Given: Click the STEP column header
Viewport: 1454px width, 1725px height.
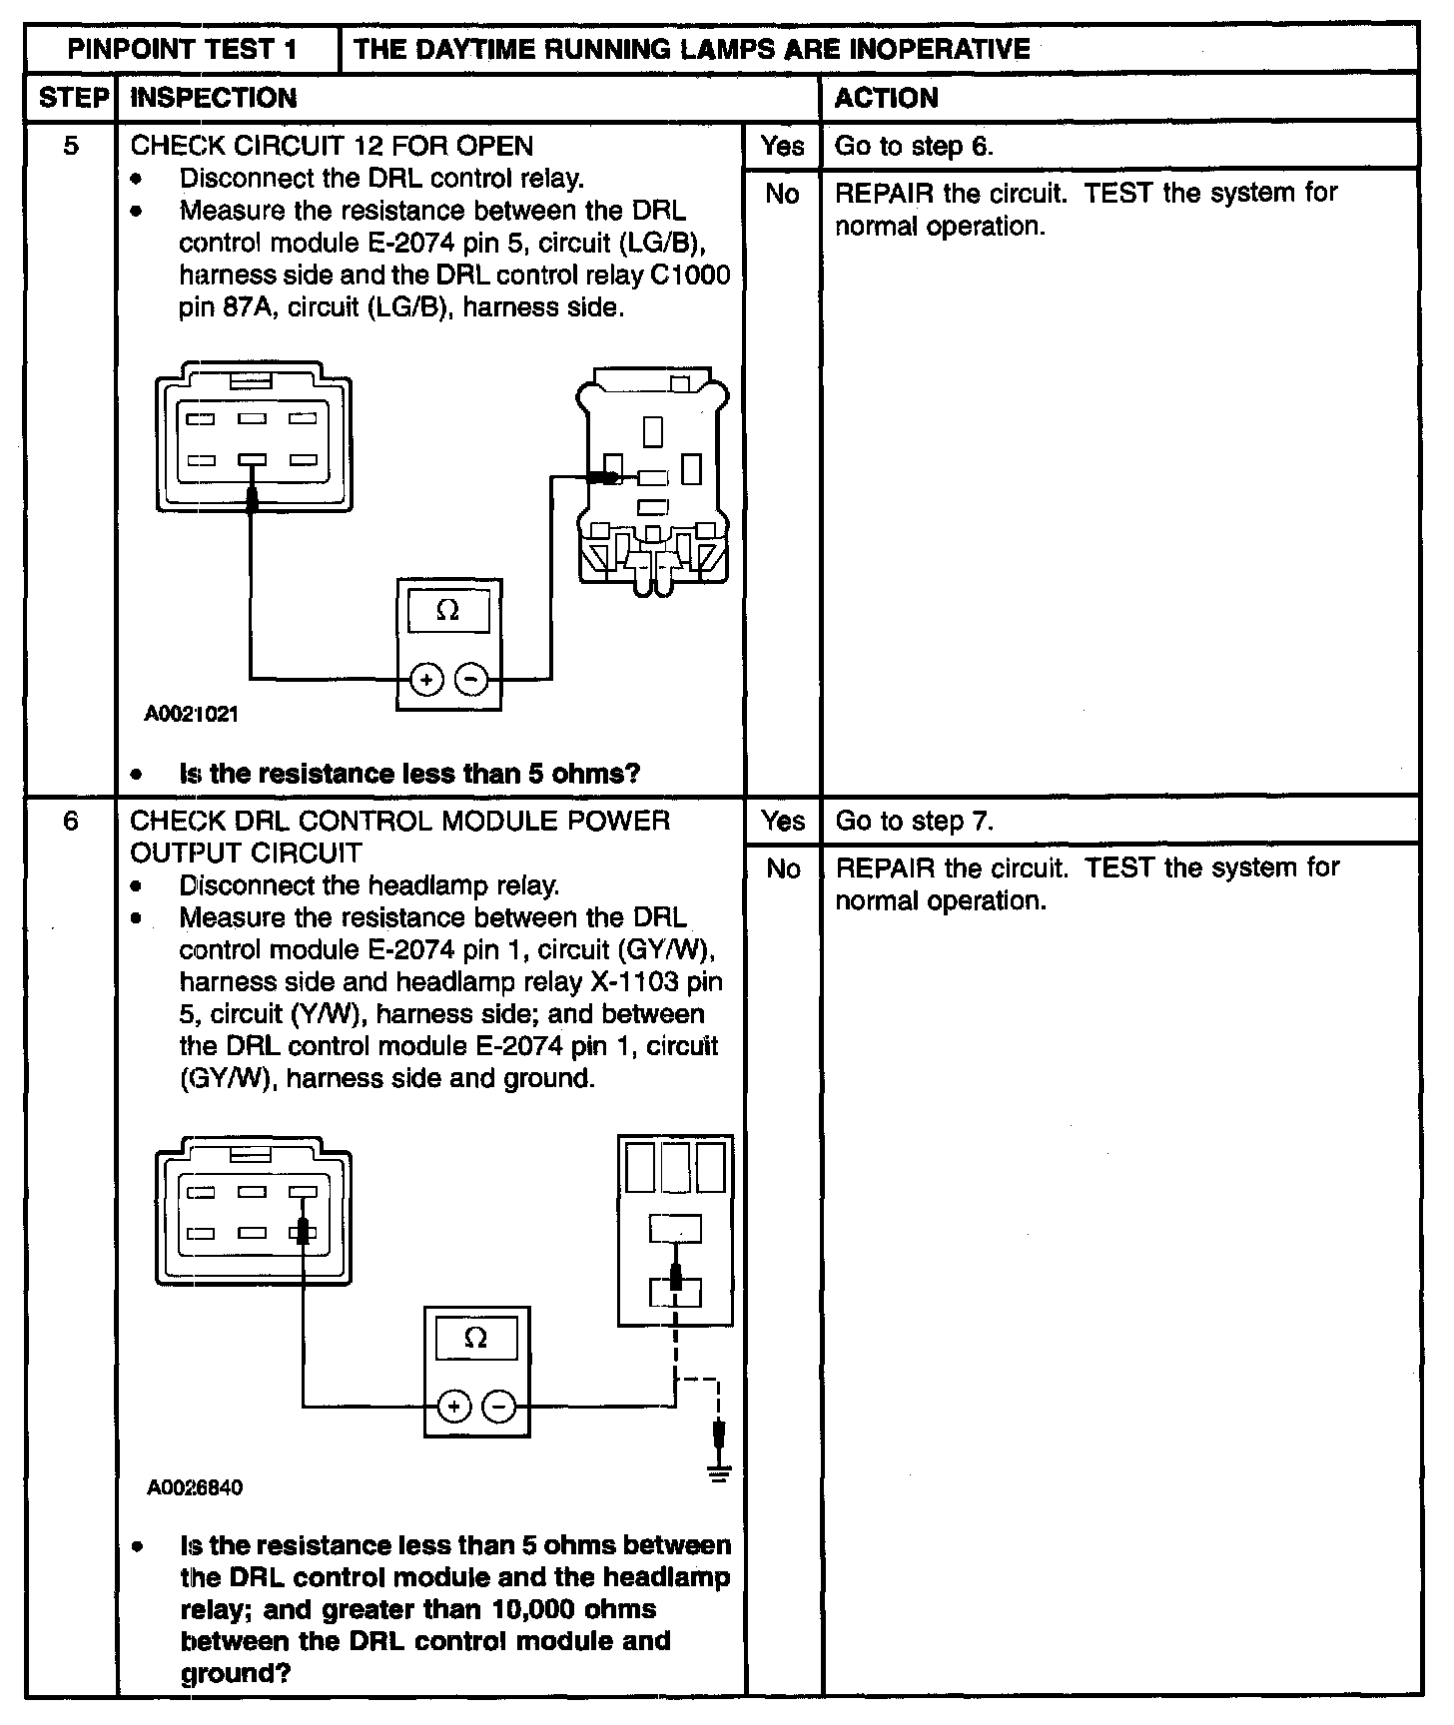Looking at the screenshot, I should point(72,98).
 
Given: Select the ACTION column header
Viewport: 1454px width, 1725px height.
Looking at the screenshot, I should point(886,98).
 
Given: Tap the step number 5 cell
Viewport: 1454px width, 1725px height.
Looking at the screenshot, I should point(71,146).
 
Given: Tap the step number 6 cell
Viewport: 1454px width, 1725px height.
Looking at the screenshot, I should point(71,821).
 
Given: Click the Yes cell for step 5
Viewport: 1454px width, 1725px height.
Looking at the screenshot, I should point(781,146).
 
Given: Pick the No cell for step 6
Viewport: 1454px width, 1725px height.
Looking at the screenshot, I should point(783,868).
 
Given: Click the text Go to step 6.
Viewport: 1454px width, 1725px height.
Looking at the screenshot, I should point(914,146).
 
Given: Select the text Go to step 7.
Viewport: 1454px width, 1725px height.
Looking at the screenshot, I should point(914,821).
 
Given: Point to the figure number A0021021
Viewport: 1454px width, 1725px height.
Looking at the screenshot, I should point(192,714).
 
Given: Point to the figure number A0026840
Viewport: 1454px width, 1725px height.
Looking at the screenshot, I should point(195,1487).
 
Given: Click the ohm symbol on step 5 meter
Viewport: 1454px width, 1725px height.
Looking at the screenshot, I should point(448,611).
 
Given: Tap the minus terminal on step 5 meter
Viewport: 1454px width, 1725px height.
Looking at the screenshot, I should point(471,680).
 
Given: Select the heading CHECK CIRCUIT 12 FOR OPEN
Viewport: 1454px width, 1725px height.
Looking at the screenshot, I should point(332,146).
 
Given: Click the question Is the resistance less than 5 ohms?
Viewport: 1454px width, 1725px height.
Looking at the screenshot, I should point(409,774).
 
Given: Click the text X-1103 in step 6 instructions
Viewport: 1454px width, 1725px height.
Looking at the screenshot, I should point(629,981).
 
